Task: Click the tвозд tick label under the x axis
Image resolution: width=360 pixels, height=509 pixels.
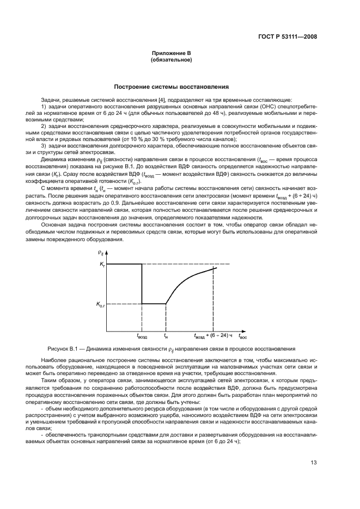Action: [142, 336]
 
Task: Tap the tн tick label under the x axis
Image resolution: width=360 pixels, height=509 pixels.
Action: [166, 336]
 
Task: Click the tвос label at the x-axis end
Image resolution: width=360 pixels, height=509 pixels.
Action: [243, 336]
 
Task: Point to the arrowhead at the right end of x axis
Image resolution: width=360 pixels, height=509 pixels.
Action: [246, 330]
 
